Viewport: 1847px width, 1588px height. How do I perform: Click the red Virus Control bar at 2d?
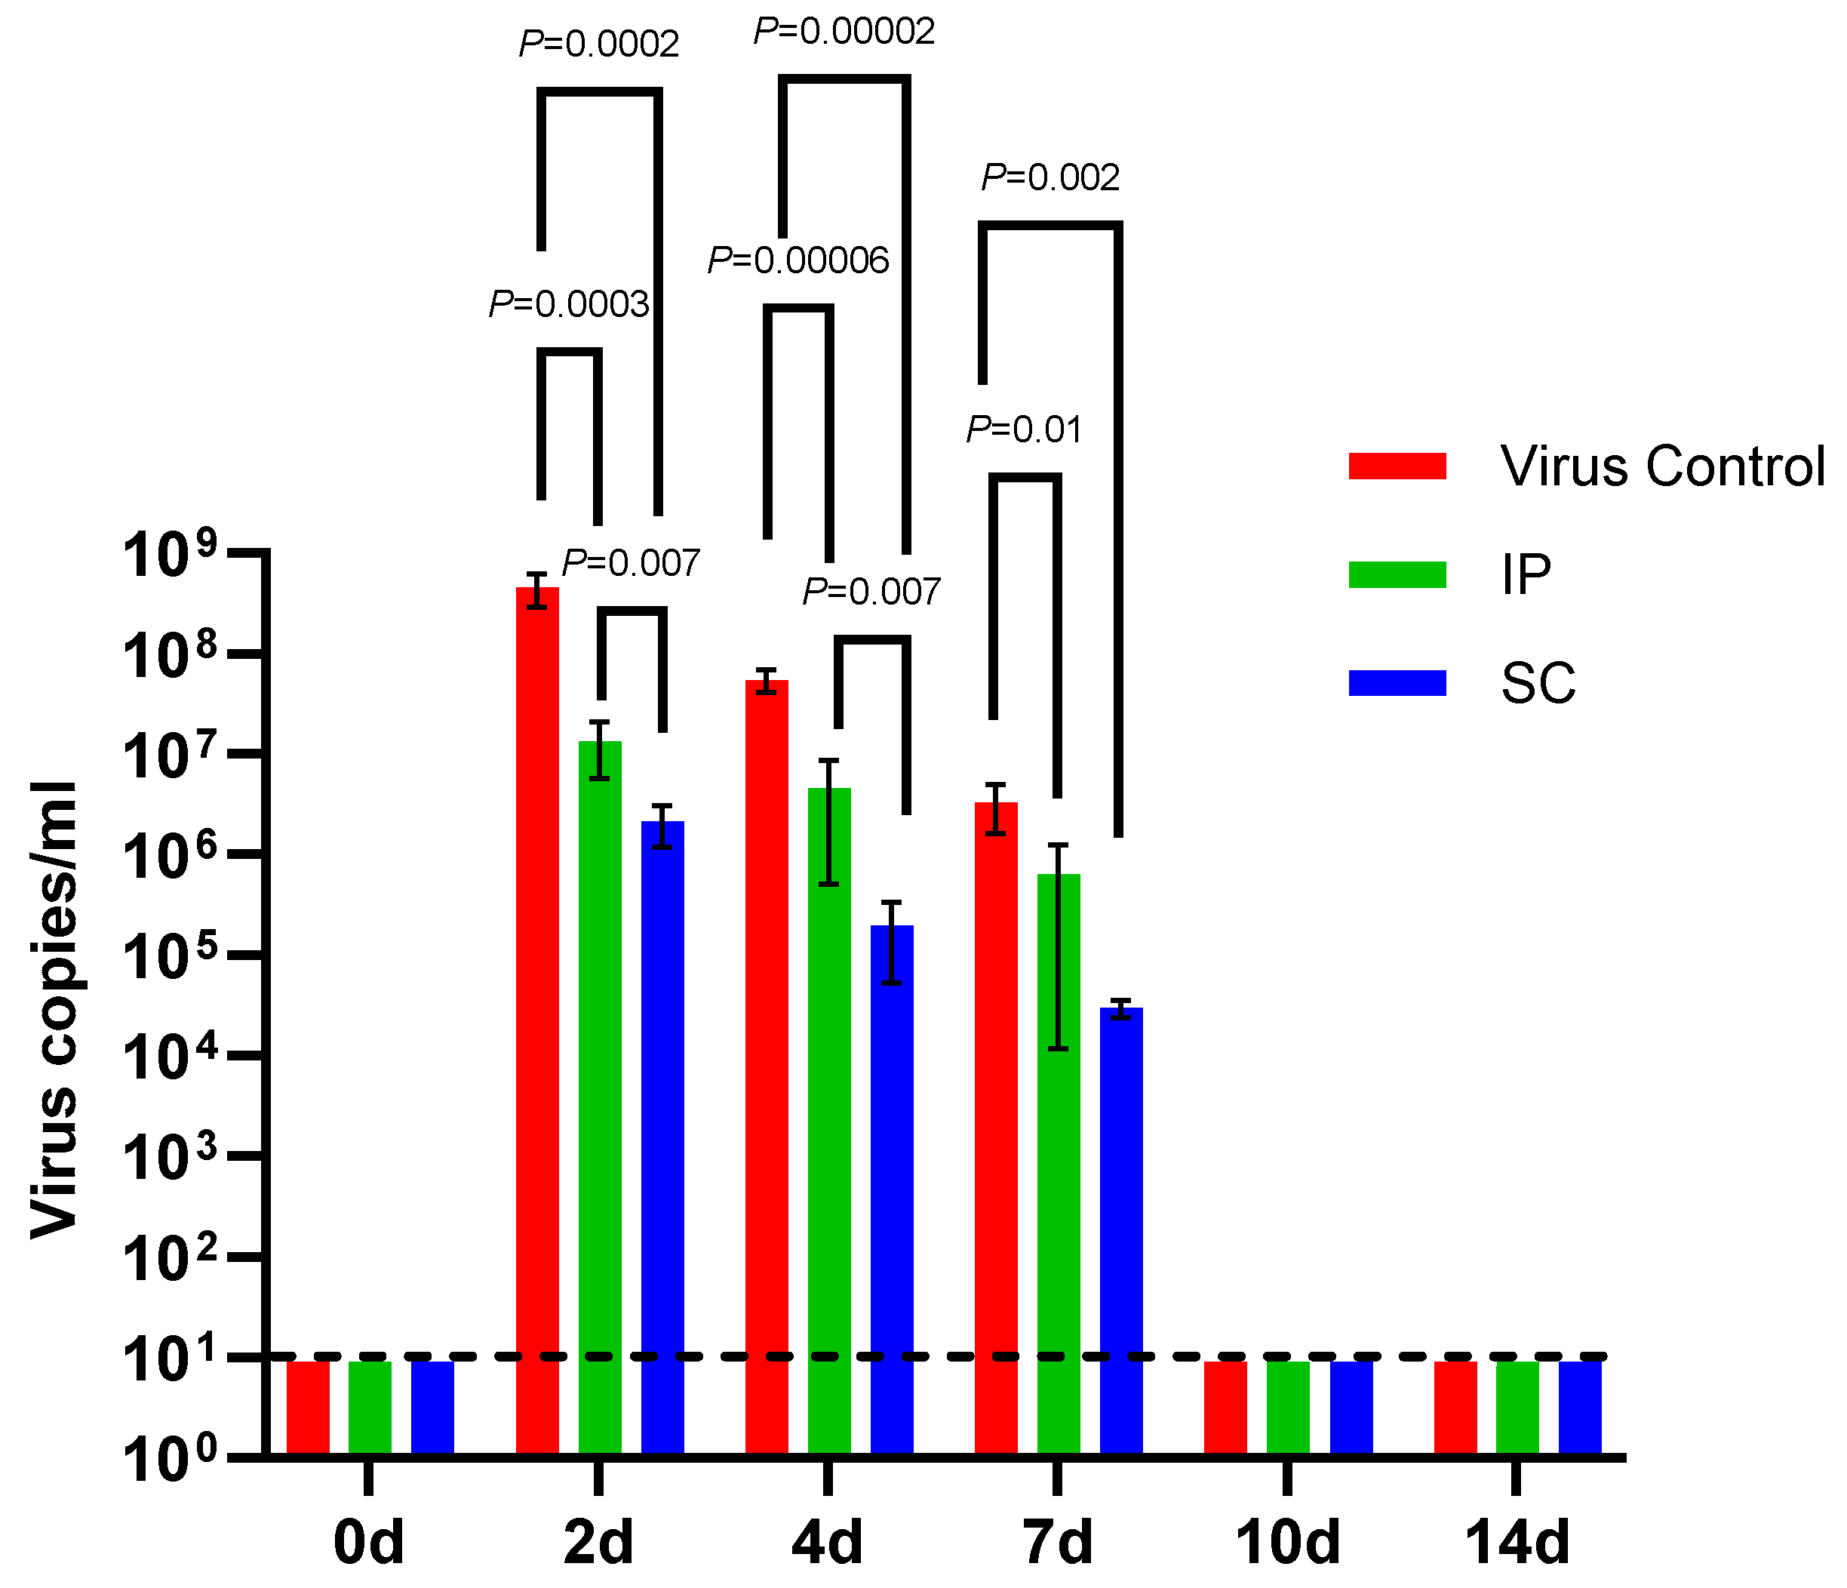tap(537, 980)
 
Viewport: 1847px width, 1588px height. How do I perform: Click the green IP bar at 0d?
tap(370, 1408)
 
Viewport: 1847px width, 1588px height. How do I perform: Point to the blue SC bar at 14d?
tap(1580, 1408)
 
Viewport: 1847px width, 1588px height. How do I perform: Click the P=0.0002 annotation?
tap(599, 44)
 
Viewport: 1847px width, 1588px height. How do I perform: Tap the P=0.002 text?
tap(1050, 177)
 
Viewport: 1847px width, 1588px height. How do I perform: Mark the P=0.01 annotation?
tap(1025, 429)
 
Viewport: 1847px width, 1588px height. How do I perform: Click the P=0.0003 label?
tap(569, 305)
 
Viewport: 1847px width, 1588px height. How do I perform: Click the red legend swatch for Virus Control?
tap(1397, 466)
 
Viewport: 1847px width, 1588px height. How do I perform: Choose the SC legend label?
tap(1538, 684)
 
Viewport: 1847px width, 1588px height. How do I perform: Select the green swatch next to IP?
tap(1397, 574)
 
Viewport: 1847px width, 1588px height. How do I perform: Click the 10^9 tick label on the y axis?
tap(169, 555)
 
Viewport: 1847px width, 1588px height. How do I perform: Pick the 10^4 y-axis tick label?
tap(169, 1057)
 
